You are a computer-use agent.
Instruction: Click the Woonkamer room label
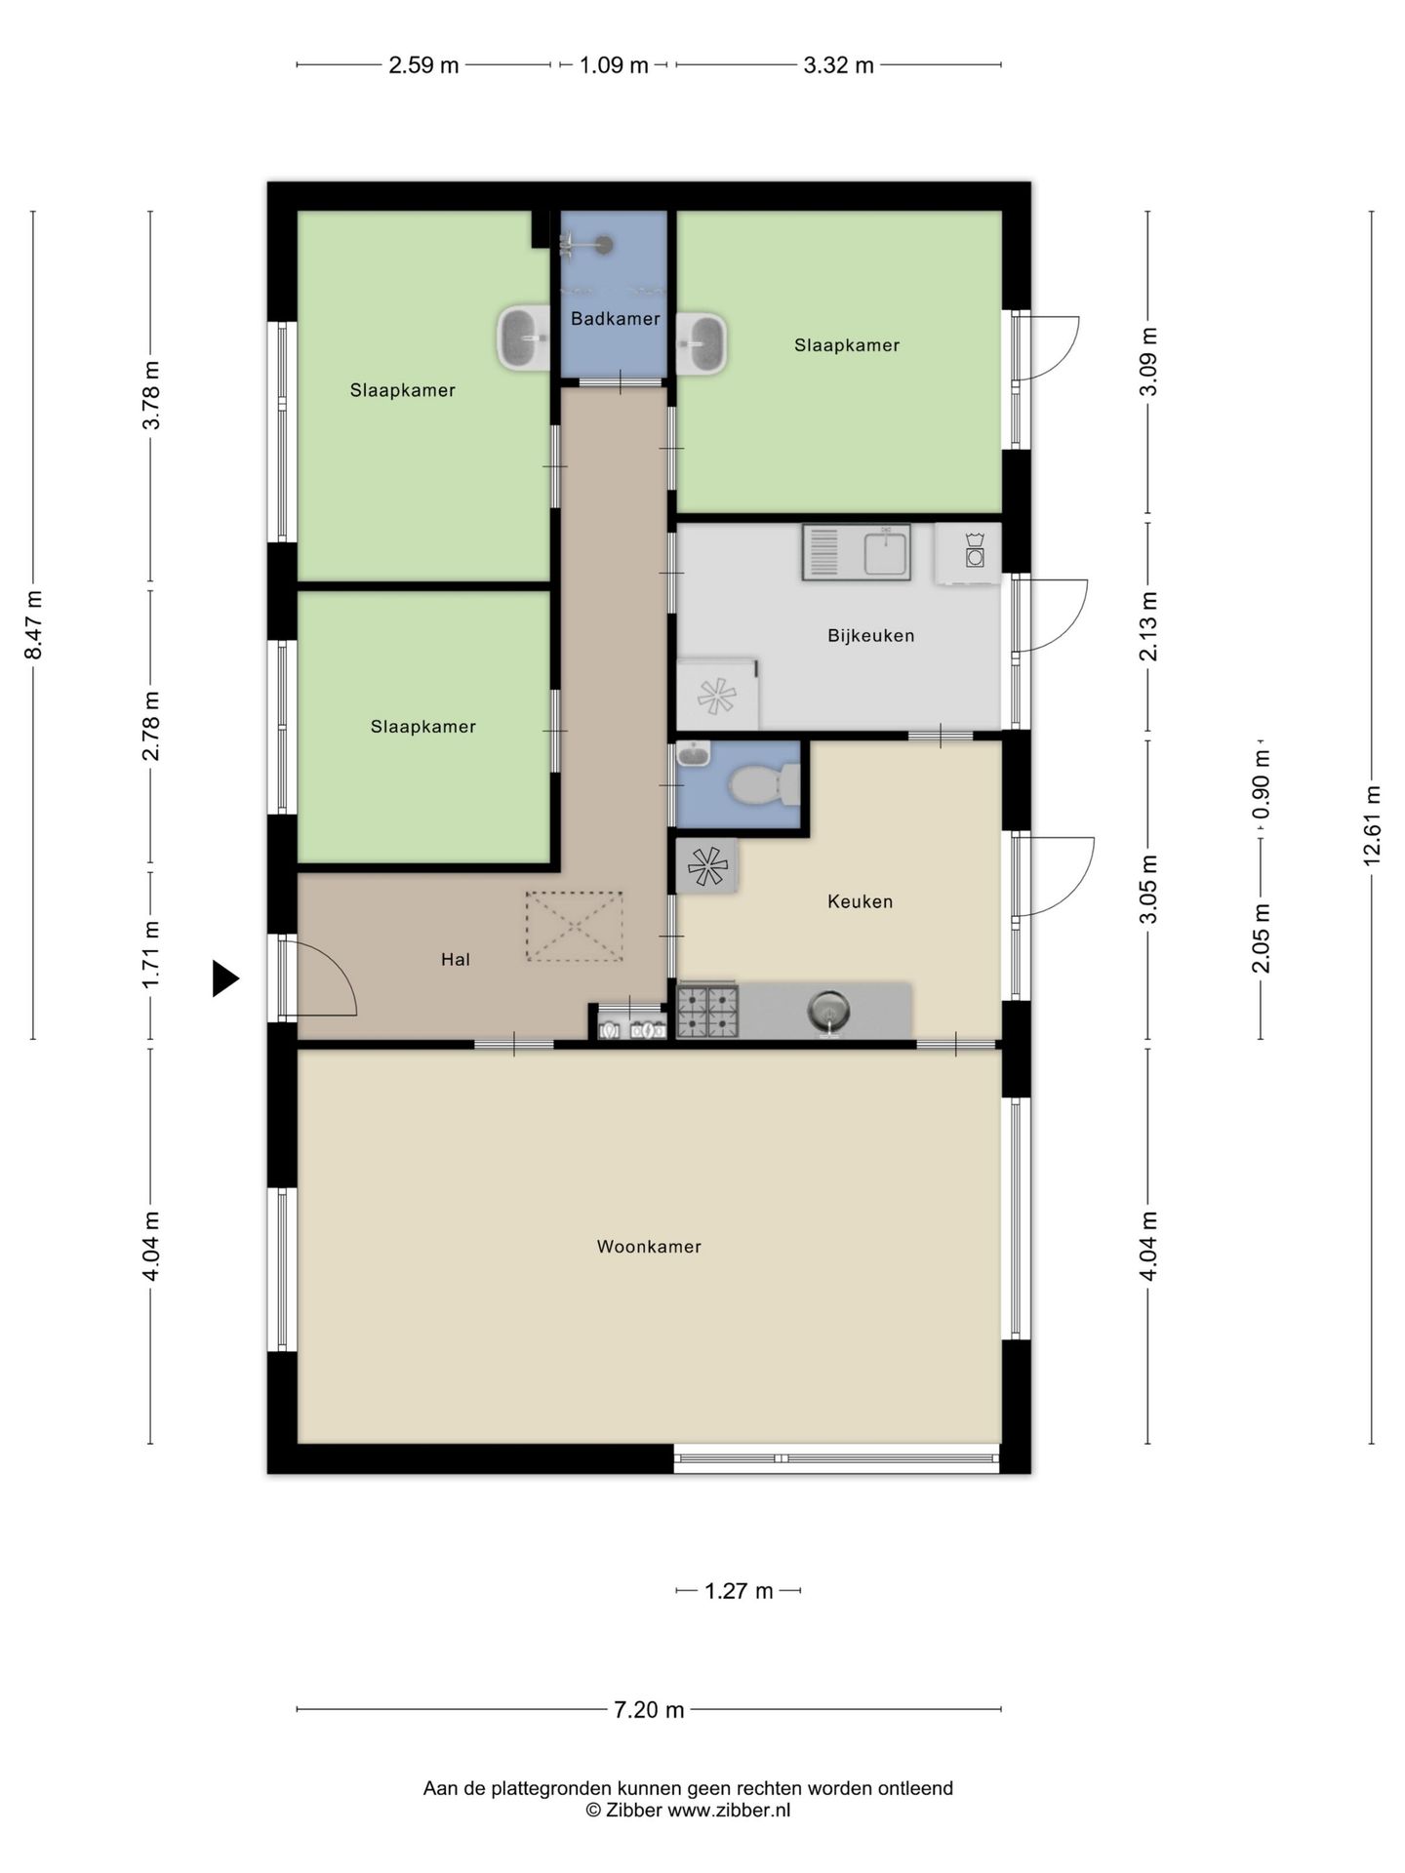coord(649,1247)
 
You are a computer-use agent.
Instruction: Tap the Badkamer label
coord(615,319)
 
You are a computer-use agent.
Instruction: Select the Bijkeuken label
coord(870,636)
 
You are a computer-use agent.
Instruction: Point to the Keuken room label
coord(860,901)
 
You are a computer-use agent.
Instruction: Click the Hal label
coord(456,960)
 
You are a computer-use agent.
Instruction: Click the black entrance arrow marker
coord(225,978)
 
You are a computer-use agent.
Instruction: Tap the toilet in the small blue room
coord(766,785)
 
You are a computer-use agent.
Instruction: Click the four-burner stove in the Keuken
coord(707,1011)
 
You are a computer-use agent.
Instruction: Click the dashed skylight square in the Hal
coord(574,926)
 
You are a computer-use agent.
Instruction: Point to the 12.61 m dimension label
coord(1371,825)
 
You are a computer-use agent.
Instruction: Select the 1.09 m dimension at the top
coord(614,65)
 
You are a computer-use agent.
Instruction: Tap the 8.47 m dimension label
coord(33,625)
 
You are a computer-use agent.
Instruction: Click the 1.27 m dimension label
coord(739,1591)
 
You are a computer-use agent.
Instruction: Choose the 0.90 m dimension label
coord(1262,785)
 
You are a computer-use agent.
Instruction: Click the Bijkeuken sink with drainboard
coord(856,552)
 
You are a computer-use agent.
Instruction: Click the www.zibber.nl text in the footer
coord(729,1811)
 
